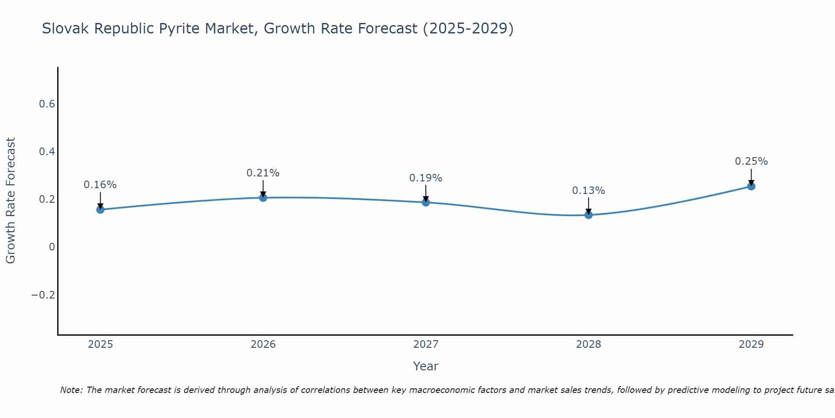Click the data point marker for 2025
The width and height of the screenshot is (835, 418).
pos(100,209)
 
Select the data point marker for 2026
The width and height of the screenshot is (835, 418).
pos(263,197)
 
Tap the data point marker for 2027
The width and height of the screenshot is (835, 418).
pos(426,202)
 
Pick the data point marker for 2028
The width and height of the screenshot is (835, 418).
pos(588,215)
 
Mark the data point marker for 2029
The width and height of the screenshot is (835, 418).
pos(751,186)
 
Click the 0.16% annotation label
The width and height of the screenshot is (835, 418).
pos(100,185)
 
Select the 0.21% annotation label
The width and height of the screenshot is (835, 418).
pos(263,173)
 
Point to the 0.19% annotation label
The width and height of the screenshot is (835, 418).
pos(426,178)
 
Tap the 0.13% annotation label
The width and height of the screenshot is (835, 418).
pos(588,191)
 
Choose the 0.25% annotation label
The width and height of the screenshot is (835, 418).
pos(751,161)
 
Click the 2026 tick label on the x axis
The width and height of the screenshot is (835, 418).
pos(263,344)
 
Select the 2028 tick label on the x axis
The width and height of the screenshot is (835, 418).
pos(588,344)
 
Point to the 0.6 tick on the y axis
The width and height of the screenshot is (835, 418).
pos(47,104)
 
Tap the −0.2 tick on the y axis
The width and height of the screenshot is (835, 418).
pos(43,295)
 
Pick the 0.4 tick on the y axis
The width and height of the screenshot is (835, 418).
pos(47,152)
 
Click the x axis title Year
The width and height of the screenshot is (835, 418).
pos(425,366)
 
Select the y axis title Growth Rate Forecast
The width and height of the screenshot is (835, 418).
pos(10,200)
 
